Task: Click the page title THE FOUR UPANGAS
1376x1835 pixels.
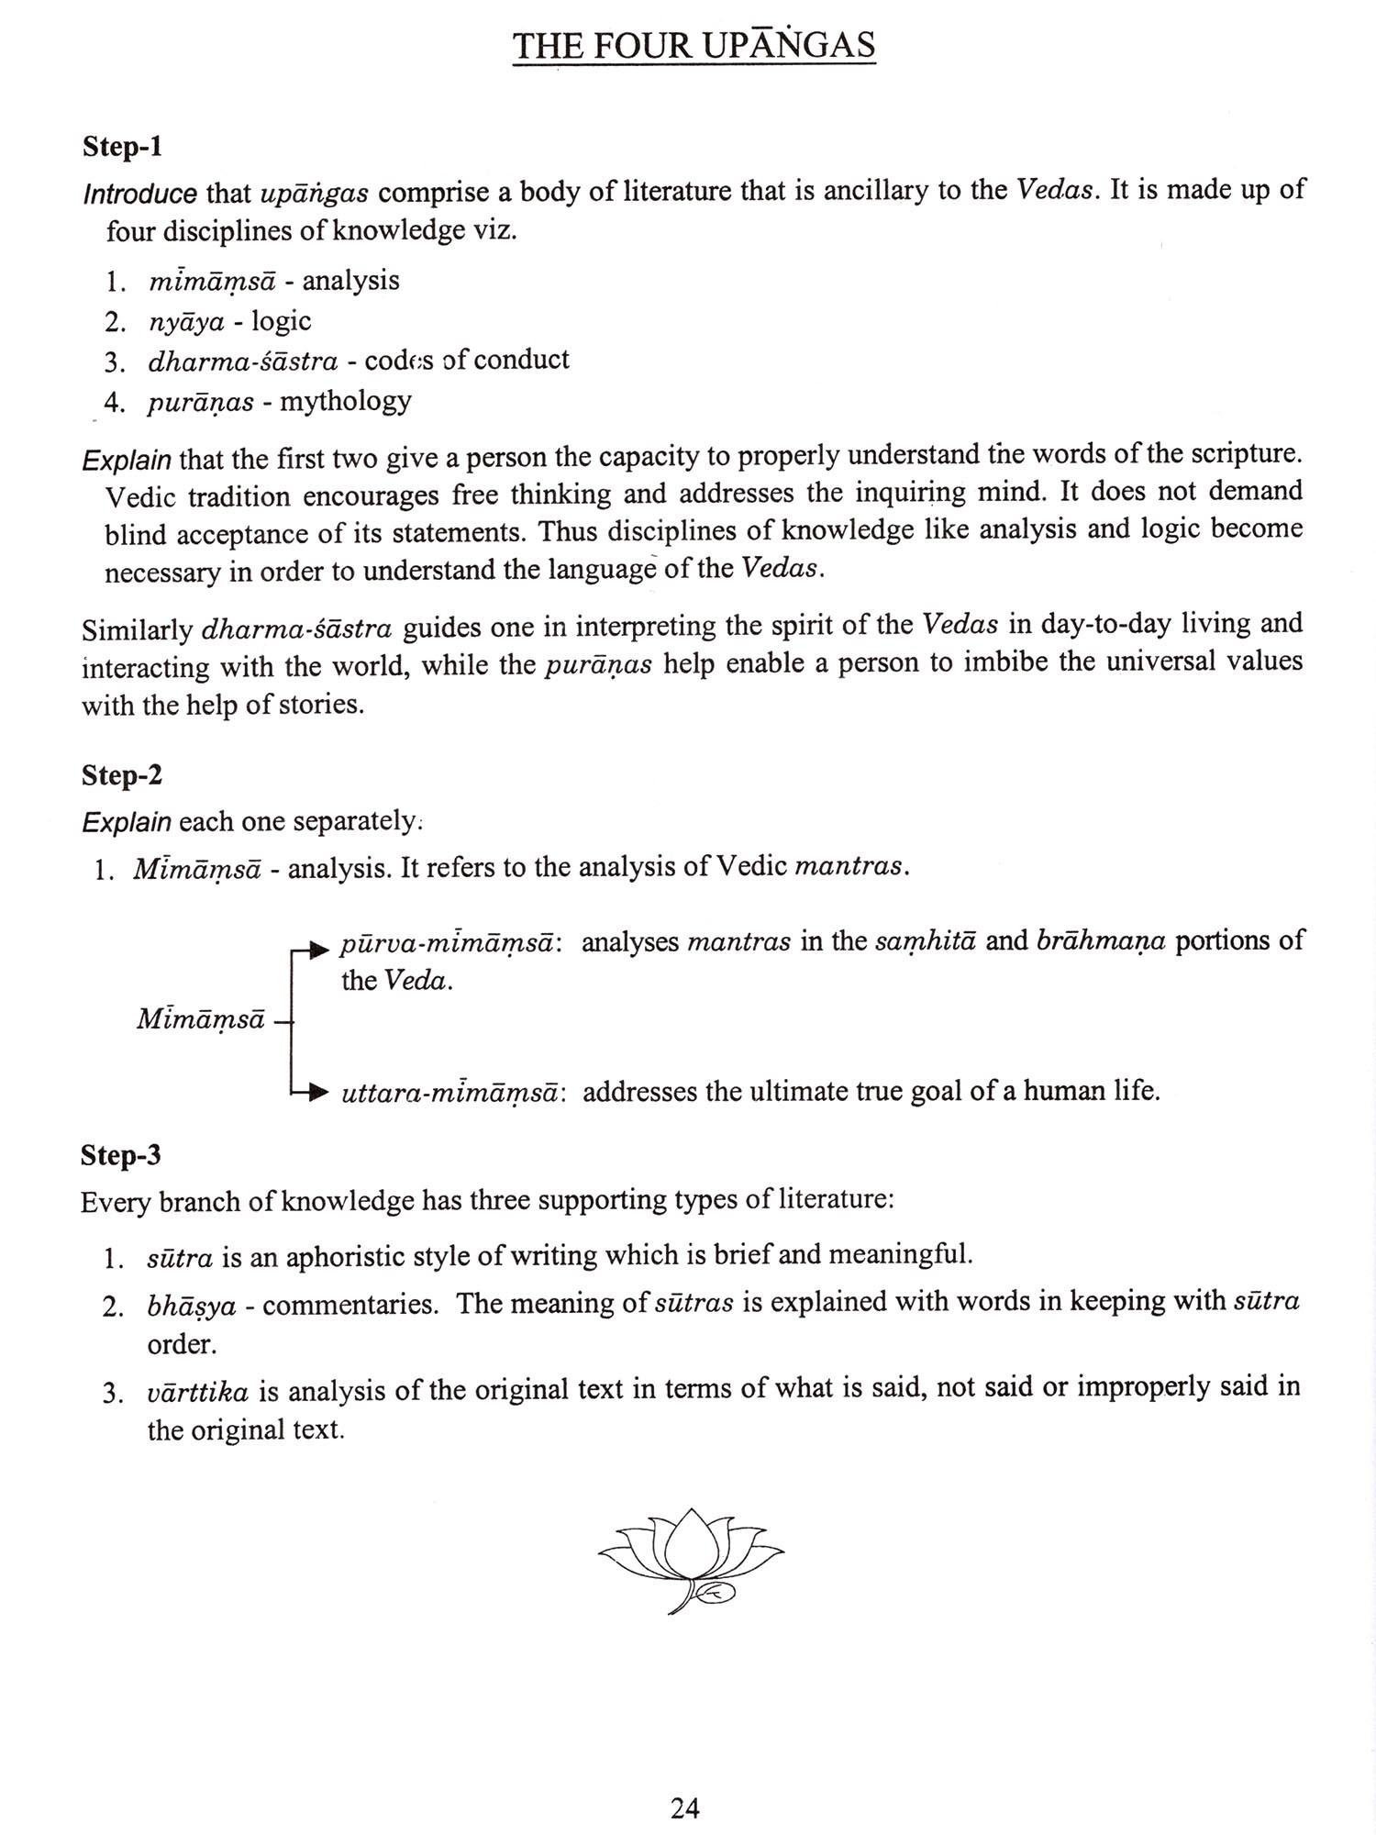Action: pos(694,45)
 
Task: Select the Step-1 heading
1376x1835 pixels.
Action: pos(122,147)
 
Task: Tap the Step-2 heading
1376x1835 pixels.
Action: pos(122,775)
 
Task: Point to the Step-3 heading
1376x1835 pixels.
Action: pos(121,1155)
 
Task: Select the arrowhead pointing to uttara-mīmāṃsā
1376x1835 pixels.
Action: pos(318,1092)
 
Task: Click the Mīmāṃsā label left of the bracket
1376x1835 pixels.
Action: pos(201,1019)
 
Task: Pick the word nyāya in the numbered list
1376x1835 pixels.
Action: pos(186,322)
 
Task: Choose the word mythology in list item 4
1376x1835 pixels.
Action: pos(346,401)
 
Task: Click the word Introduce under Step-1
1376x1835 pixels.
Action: pos(139,195)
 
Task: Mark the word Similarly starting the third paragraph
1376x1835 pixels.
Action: pos(138,630)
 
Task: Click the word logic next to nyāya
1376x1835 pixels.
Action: pos(282,321)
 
